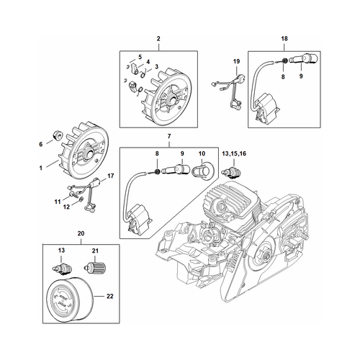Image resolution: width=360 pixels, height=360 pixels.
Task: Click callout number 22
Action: point(109,296)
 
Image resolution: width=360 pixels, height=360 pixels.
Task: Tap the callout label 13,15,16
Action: point(234,153)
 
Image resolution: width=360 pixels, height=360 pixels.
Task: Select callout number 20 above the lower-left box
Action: point(81,233)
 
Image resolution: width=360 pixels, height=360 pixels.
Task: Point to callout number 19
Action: point(236,61)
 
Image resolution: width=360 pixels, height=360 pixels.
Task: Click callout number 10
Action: point(202,153)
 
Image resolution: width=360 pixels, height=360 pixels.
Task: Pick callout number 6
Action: point(41,144)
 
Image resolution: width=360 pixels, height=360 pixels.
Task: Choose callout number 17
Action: point(110,176)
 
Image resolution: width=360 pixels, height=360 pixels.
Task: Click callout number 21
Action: point(95,251)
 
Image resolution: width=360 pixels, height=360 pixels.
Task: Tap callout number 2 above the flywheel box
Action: point(158,38)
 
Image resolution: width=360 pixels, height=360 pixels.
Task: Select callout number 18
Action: point(284,38)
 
